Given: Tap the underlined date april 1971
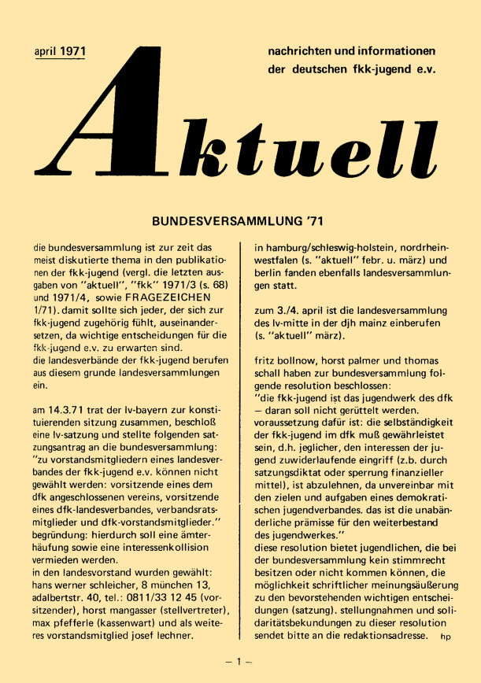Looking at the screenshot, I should click(x=61, y=52).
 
